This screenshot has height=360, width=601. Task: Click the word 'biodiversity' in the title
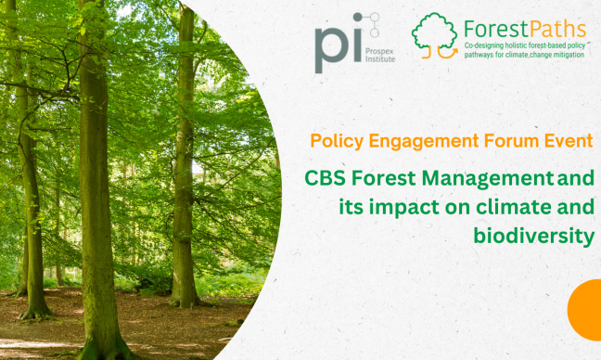coord(532,236)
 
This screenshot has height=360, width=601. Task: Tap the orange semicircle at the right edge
coord(587,309)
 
